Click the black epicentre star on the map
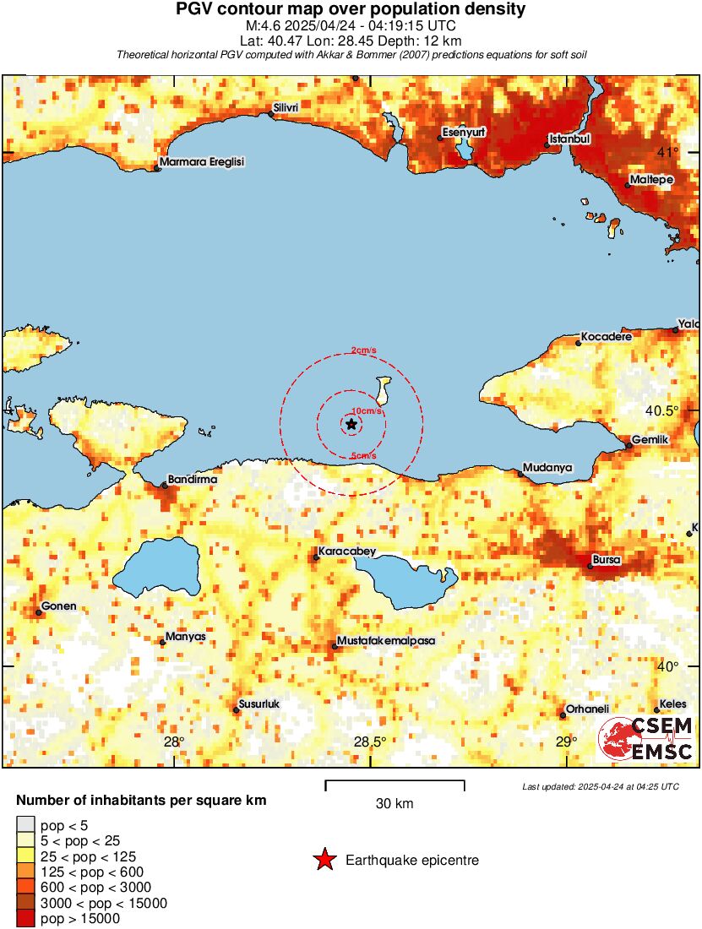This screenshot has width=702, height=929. point(351,424)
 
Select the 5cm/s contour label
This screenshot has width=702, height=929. point(363,456)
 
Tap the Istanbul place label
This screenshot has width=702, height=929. point(569,138)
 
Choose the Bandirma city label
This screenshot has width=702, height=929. point(193,479)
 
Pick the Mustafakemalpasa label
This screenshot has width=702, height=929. point(385,641)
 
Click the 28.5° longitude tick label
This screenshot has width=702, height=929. point(370,742)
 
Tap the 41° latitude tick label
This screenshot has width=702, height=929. point(669,152)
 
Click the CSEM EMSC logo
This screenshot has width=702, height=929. point(646,739)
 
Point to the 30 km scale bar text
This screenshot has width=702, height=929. point(395,804)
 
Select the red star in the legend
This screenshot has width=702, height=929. point(324,861)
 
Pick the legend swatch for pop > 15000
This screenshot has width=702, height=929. point(26,919)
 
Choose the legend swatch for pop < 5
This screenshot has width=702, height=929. point(26,824)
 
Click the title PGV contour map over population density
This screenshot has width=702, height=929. point(351,9)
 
